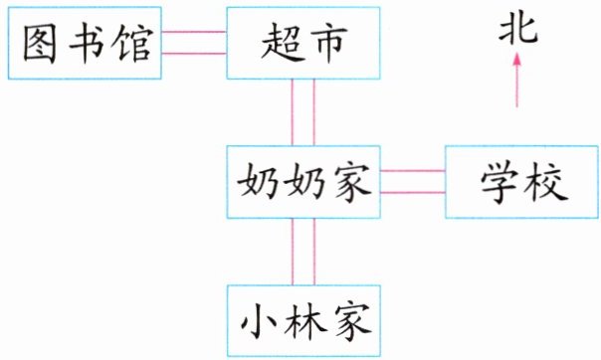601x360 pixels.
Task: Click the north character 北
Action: (518, 29)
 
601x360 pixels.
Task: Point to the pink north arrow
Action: (517, 80)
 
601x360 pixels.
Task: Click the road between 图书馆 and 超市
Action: (194, 43)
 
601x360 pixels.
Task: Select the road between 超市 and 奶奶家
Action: (303, 112)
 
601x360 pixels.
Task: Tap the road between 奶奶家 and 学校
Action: (413, 182)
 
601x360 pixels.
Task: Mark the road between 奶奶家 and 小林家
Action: (303, 252)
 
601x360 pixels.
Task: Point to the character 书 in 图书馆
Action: (87, 43)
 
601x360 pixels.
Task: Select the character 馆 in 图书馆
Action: (132, 43)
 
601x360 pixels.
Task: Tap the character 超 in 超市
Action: (281, 42)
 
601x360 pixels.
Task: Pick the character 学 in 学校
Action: (500, 182)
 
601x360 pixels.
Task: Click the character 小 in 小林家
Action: (259, 321)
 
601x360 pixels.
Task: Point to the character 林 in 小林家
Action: (303, 321)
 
